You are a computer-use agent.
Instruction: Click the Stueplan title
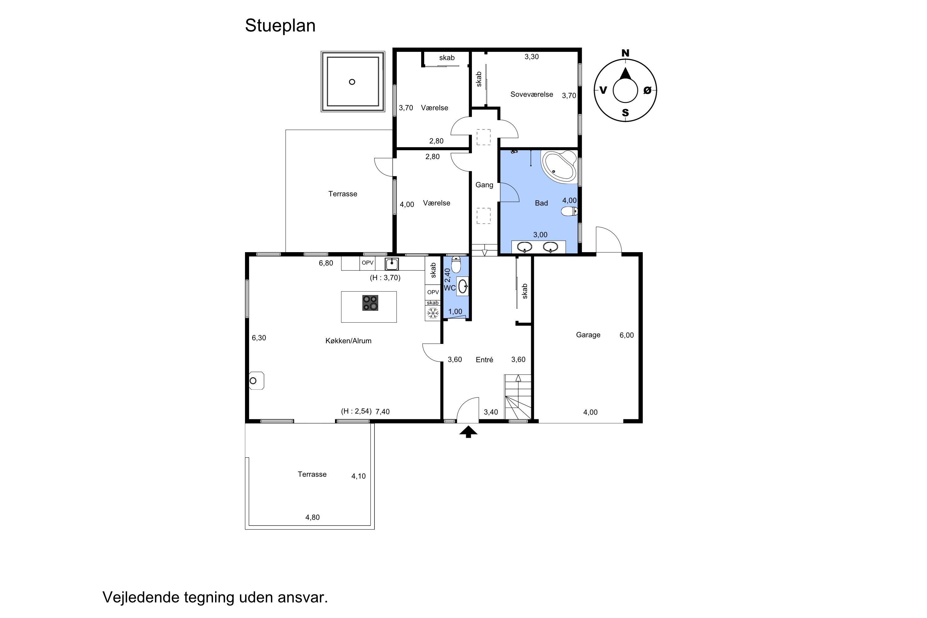coord(280,26)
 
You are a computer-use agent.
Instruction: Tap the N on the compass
coord(625,53)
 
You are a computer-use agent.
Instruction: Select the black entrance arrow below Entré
coord(468,432)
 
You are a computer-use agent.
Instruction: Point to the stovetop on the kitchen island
coord(370,303)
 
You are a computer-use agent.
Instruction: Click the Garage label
coord(588,335)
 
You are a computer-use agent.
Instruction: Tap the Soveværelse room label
coord(532,94)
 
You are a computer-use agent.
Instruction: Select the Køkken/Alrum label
coord(349,341)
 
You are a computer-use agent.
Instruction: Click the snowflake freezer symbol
coord(433,313)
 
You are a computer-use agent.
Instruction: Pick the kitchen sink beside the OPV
coord(392,264)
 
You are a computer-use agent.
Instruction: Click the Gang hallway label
coord(485,185)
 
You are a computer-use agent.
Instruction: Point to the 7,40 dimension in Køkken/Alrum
coord(382,412)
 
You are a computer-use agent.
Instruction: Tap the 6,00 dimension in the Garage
coord(627,335)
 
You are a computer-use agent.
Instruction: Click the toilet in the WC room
coord(456,265)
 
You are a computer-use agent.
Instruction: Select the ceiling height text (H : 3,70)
coord(385,278)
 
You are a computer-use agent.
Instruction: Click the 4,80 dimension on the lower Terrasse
coord(312,518)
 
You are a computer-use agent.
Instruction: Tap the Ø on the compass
coord(647,90)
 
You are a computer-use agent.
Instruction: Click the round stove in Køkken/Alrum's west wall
coord(256,381)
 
